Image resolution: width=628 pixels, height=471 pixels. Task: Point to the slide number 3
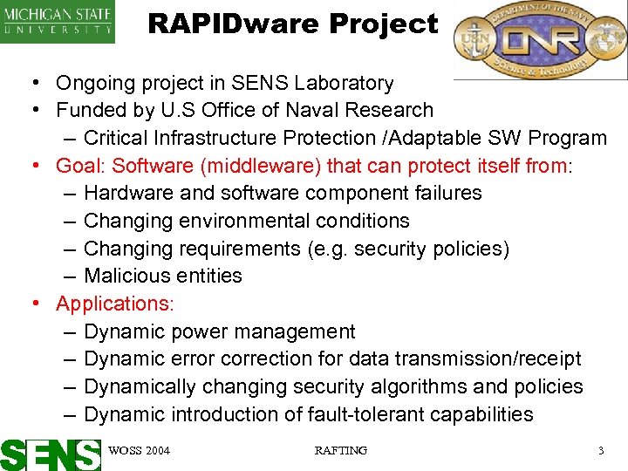(600, 451)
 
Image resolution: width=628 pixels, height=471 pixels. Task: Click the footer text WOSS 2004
(140, 451)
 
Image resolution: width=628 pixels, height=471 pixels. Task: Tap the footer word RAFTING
(340, 451)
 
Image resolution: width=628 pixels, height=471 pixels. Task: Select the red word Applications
(113, 304)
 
